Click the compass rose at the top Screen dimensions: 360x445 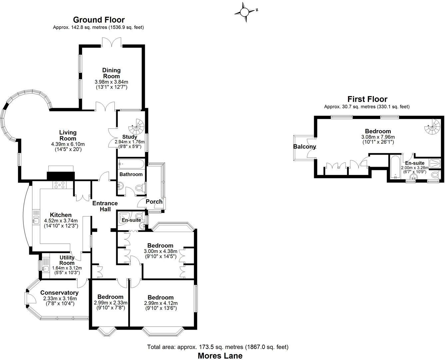tap(244, 12)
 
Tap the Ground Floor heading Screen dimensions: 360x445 tap(99, 20)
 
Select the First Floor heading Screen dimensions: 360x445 tap(367, 99)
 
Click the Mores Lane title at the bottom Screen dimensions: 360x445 tap(220, 355)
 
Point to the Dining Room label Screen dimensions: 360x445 tap(111, 73)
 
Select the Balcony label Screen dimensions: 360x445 tap(304, 147)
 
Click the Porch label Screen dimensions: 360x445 tap(154, 202)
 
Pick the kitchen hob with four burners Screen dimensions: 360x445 tap(60, 185)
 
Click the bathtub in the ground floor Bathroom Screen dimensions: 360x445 tap(131, 164)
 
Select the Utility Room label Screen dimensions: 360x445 tap(67, 260)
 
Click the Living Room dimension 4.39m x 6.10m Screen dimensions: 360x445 tap(68, 144)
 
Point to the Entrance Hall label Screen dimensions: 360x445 tap(105, 206)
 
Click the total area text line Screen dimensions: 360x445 tap(218, 347)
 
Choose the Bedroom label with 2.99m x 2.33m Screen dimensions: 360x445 tap(110, 297)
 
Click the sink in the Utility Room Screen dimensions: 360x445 tap(45, 269)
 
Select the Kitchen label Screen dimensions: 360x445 tap(61, 215)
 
